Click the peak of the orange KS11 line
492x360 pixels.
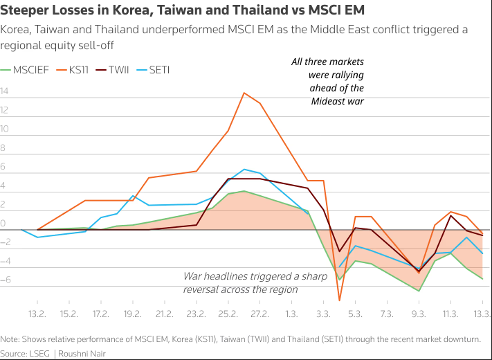[244, 93]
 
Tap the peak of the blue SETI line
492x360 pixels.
[244, 169]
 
